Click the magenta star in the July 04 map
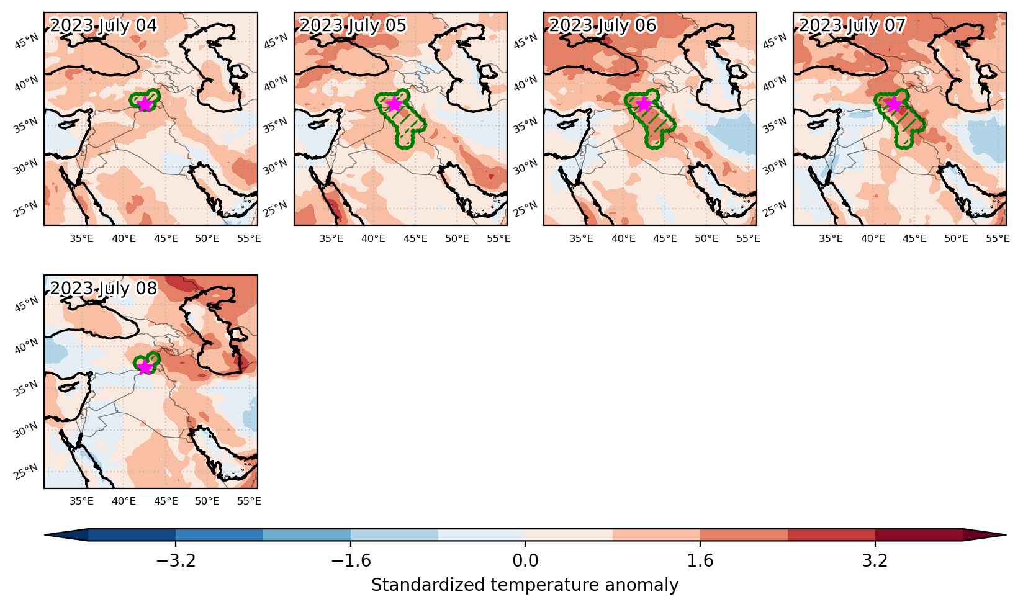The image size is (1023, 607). pos(145,105)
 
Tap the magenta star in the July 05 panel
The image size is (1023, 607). pos(395,105)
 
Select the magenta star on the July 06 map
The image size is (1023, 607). pos(644,105)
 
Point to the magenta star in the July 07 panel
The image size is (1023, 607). pos(894,105)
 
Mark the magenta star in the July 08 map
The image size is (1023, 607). pos(145,367)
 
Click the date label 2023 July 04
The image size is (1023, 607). pos(103,25)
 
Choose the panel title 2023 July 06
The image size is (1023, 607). pos(602,25)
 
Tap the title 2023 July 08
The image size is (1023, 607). pos(103,289)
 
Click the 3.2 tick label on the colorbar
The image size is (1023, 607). pos(875,560)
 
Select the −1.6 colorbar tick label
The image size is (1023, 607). pos(351,560)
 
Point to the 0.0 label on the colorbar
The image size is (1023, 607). pos(525,560)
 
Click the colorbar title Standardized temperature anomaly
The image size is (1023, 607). pos(525,585)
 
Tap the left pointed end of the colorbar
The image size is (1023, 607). pos(45,535)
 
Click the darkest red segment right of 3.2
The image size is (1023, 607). pos(919,535)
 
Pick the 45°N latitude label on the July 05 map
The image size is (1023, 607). pos(276,41)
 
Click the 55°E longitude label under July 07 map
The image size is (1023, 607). pos(998,238)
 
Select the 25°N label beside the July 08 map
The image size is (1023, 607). pos(26,472)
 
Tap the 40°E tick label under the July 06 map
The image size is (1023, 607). pos(623,238)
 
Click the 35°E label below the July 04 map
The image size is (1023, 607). pos(82,238)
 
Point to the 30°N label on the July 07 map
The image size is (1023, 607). pos(775,167)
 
